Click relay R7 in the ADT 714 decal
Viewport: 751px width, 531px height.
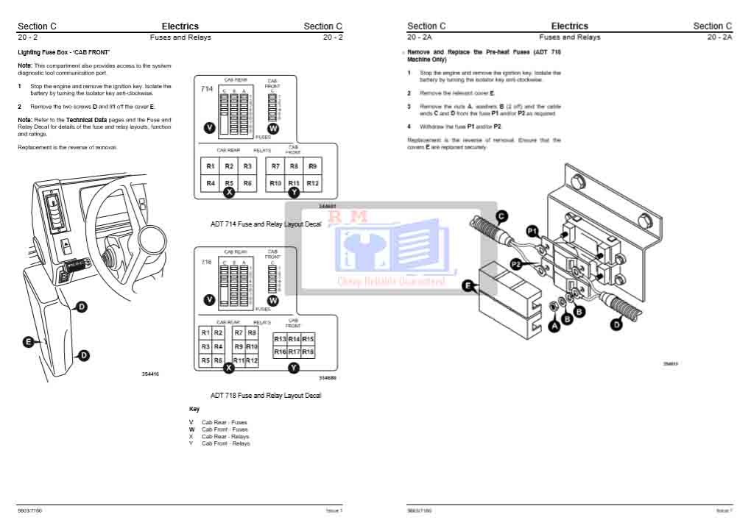(x=275, y=167)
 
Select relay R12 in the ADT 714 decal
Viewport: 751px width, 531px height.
(x=312, y=183)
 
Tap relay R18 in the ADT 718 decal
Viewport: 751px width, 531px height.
(x=308, y=352)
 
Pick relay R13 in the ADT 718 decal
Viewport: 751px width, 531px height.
(x=280, y=339)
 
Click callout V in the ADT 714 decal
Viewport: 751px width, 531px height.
(x=210, y=128)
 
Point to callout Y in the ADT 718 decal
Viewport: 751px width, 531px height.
(x=294, y=367)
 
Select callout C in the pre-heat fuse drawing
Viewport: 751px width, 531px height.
(x=501, y=216)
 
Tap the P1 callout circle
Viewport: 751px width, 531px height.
(x=533, y=230)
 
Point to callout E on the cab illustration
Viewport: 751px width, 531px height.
(x=28, y=341)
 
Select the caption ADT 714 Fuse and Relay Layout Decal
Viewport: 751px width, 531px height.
(x=266, y=224)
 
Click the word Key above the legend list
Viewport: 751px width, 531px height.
(x=194, y=409)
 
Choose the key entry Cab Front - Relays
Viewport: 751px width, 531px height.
(x=225, y=443)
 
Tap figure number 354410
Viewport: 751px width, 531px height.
(x=150, y=374)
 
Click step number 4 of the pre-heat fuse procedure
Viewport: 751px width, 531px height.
(x=409, y=126)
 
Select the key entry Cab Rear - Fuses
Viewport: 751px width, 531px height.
(x=224, y=422)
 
